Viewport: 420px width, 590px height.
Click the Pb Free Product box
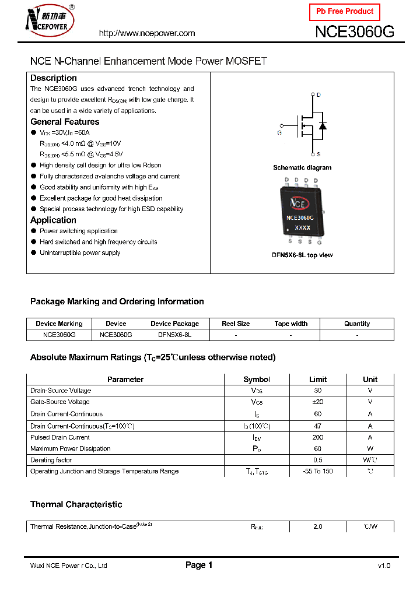point(344,12)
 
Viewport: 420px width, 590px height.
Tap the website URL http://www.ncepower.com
point(147,33)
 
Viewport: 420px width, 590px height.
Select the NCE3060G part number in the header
point(355,32)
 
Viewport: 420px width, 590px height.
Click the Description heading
point(54,78)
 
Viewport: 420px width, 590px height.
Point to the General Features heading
point(65,122)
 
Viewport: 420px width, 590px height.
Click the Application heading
point(53,220)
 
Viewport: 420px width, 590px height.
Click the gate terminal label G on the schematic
point(279,133)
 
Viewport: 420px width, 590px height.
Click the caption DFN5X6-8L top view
point(302,255)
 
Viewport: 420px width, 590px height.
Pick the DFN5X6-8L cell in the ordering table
point(174,335)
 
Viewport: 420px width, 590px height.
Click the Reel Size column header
point(236,324)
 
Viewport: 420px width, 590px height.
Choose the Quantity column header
point(357,324)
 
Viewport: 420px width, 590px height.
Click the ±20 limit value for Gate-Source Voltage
point(318,402)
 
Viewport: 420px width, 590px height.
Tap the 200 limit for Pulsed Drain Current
point(318,437)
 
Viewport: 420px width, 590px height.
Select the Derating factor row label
point(51,460)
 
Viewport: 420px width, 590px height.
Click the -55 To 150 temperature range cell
point(318,471)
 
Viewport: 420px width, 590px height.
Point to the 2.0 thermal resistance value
point(318,526)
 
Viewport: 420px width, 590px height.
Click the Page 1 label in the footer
point(199,565)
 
